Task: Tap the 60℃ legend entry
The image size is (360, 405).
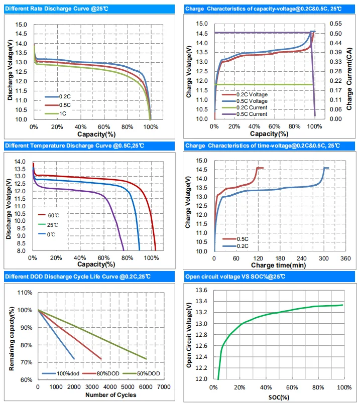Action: coord(52,214)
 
